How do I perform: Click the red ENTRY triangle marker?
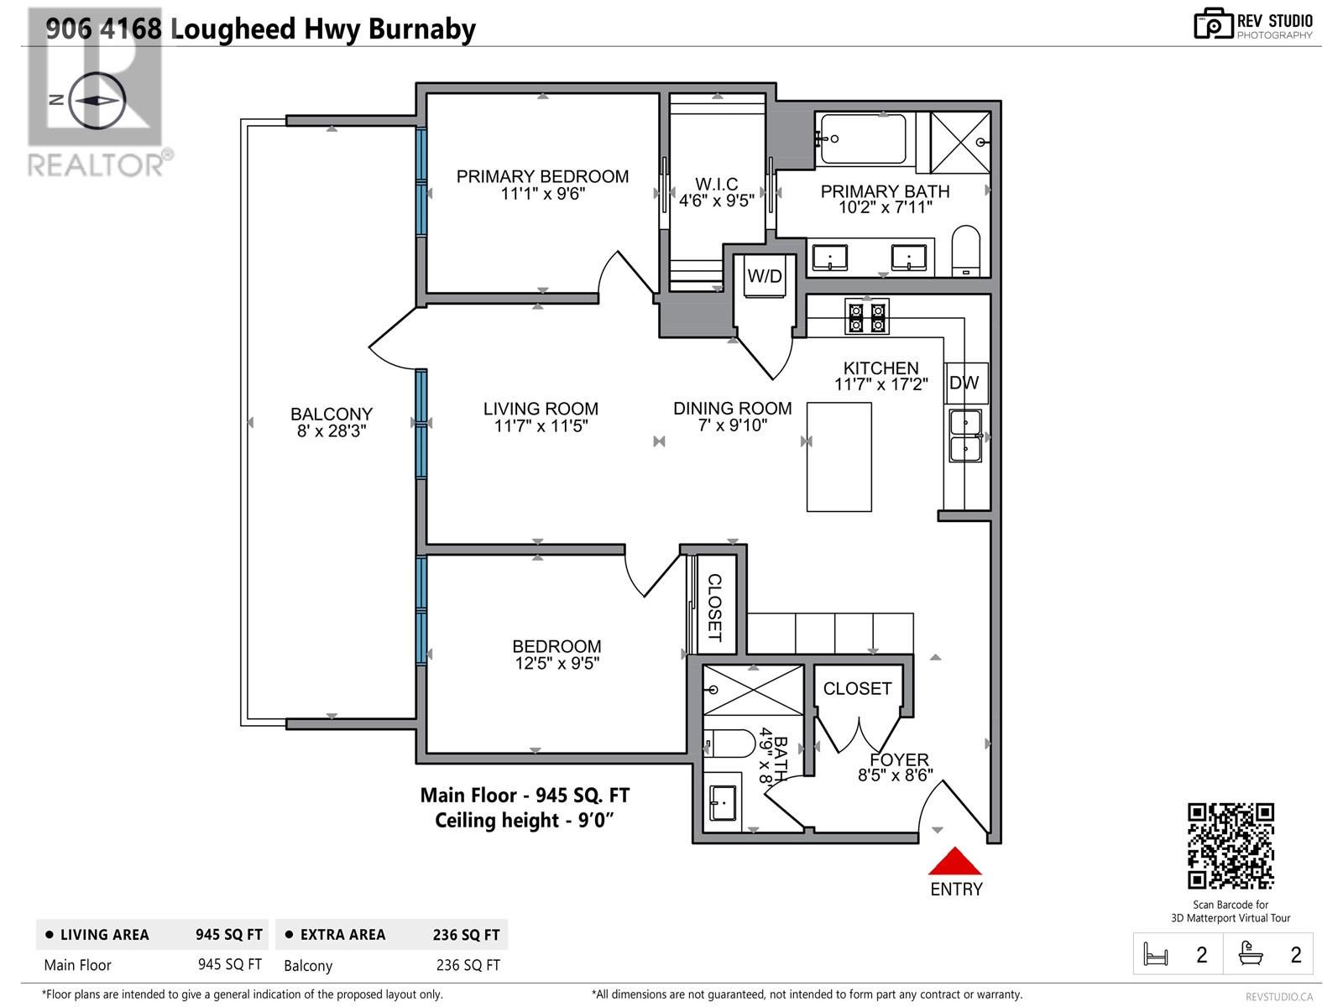tap(954, 862)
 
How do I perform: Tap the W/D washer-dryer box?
tap(764, 277)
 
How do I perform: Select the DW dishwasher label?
tap(964, 383)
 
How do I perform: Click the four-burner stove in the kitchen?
tap(867, 316)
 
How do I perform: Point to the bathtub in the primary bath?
tap(863, 138)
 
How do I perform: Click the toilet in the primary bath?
tap(966, 250)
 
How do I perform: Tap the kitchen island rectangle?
tap(839, 457)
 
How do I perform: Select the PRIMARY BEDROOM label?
tap(542, 176)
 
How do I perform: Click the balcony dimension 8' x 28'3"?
tap(332, 431)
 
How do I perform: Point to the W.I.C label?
tap(716, 184)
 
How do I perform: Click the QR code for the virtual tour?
tap(1230, 846)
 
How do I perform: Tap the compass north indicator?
tap(97, 100)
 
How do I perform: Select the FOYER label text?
tap(898, 759)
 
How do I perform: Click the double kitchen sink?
tap(965, 435)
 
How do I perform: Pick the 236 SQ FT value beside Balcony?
tap(468, 965)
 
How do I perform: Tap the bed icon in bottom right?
tap(1156, 954)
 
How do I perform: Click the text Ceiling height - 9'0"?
tap(525, 820)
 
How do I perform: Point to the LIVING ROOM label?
tap(541, 409)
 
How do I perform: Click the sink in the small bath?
tap(722, 802)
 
